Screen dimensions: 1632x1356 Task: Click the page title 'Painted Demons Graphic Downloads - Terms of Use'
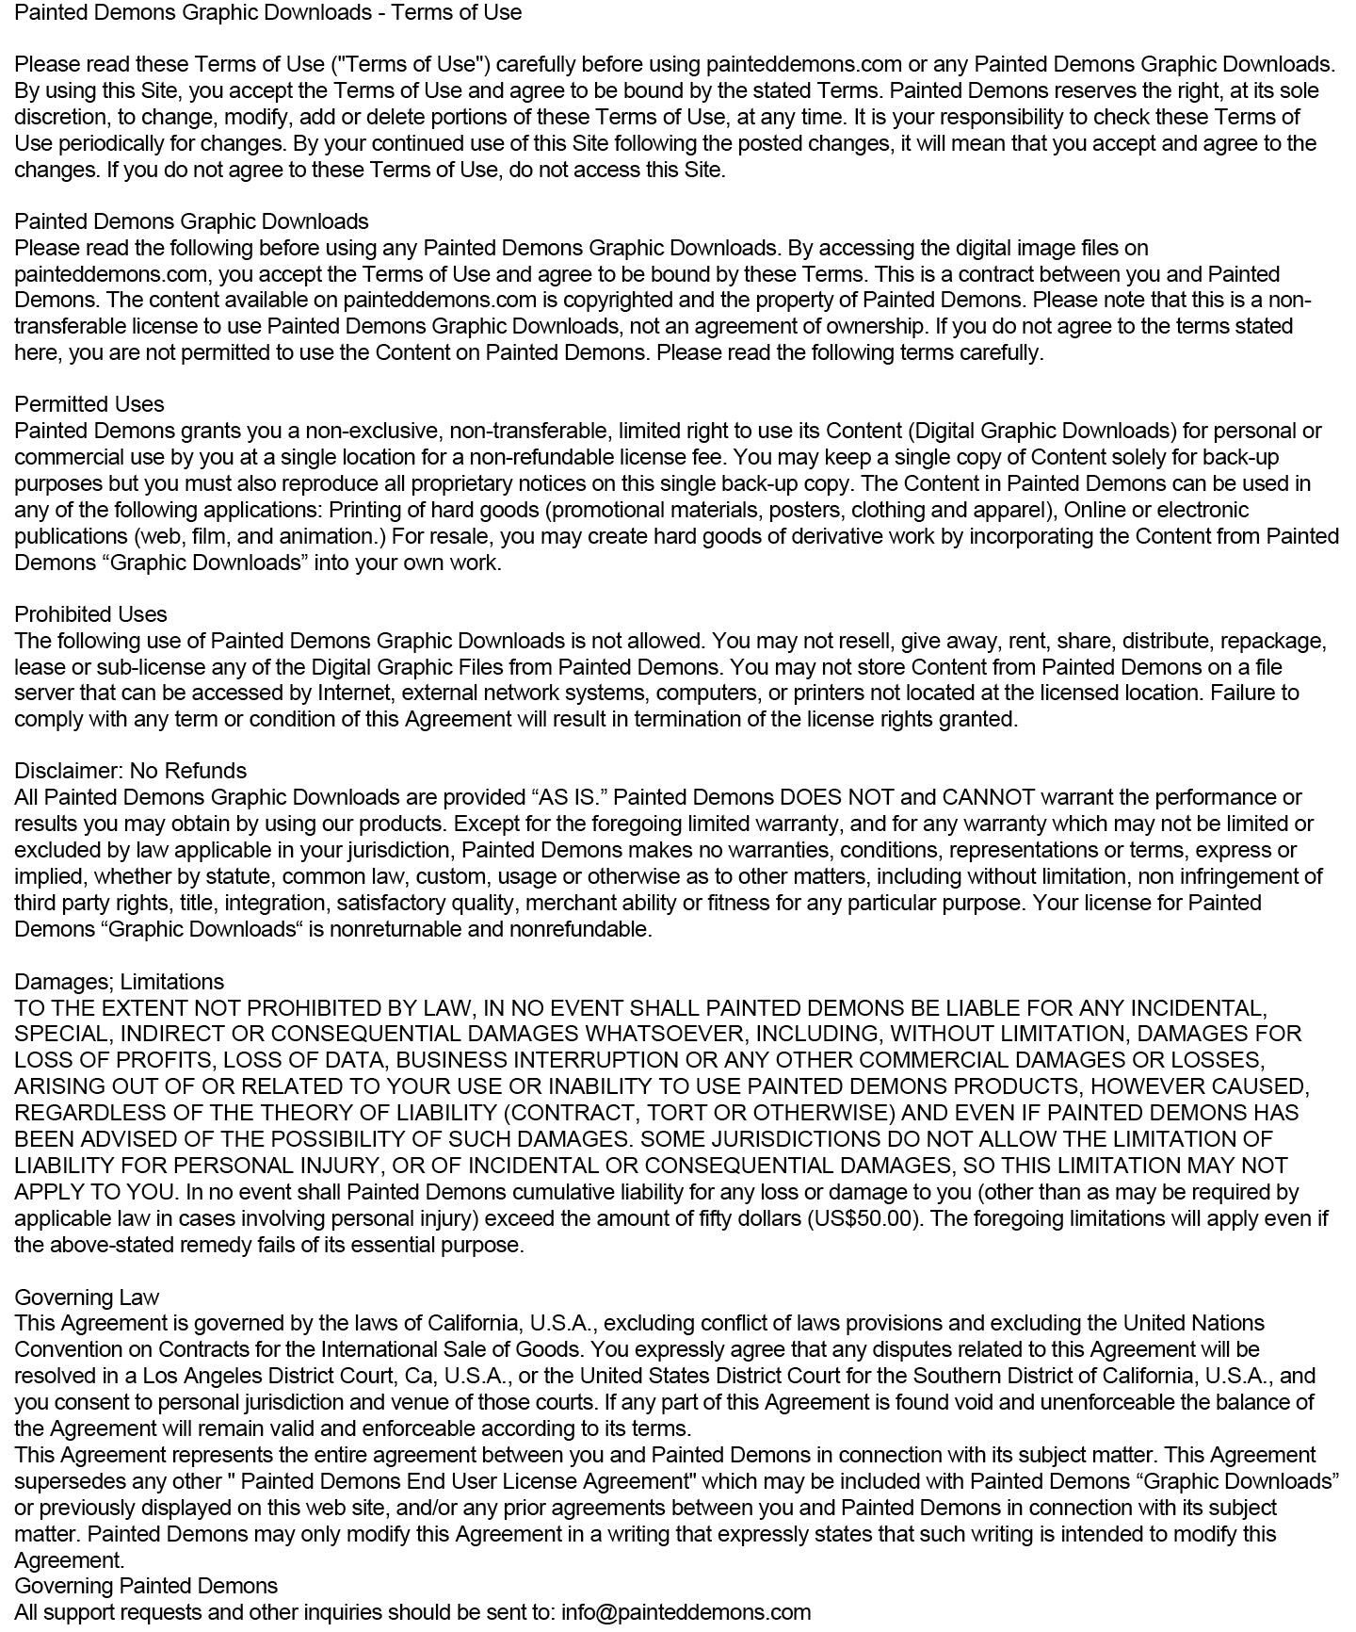click(268, 12)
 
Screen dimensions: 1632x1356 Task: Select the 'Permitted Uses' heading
click(89, 404)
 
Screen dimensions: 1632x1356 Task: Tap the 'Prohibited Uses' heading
click(90, 614)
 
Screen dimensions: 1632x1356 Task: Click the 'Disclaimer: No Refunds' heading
click(130, 771)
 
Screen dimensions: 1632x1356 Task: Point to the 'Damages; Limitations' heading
click(120, 982)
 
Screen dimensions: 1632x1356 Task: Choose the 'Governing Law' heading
click(87, 1297)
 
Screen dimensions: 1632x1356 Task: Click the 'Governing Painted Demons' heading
click(146, 1586)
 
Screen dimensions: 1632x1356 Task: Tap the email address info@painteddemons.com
click(686, 1612)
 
